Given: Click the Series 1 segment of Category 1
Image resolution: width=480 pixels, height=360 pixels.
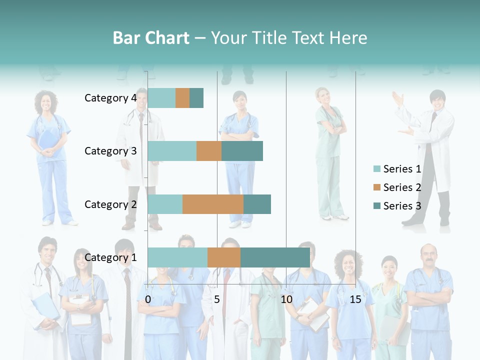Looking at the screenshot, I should tap(177, 257).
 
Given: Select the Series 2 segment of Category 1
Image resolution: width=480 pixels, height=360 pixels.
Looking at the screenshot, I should tap(224, 257).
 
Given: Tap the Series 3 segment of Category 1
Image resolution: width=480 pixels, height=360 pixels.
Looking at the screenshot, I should tap(275, 257).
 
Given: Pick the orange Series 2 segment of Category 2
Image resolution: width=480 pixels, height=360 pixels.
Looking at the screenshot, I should tap(213, 204).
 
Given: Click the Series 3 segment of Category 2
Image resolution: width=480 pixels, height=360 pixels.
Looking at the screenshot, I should tap(257, 204).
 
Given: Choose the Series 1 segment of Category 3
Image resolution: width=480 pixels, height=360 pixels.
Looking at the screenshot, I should tap(172, 151).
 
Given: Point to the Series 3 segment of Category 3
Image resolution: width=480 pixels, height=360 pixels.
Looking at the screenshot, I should tap(242, 151).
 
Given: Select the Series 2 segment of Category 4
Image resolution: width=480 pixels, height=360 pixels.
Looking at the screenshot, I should tap(182, 98).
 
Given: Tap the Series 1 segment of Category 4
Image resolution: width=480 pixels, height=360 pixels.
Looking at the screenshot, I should tap(161, 98).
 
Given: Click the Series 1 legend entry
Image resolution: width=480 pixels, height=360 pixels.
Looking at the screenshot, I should tap(397, 169).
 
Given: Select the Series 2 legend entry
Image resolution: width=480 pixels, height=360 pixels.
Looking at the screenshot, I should tap(397, 187).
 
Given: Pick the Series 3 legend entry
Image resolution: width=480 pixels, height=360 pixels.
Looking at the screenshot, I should tap(397, 206).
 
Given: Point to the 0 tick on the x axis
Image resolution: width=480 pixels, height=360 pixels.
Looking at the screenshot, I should tap(148, 299).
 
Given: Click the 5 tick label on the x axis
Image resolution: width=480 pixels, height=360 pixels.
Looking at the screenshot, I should tap(217, 299).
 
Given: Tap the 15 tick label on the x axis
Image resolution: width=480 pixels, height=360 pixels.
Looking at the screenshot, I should tap(355, 299).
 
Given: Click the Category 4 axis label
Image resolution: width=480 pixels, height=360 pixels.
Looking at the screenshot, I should tap(110, 98).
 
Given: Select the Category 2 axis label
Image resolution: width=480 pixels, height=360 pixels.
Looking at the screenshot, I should tap(110, 204).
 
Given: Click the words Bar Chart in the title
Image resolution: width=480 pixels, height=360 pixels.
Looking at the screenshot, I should tap(151, 38).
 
